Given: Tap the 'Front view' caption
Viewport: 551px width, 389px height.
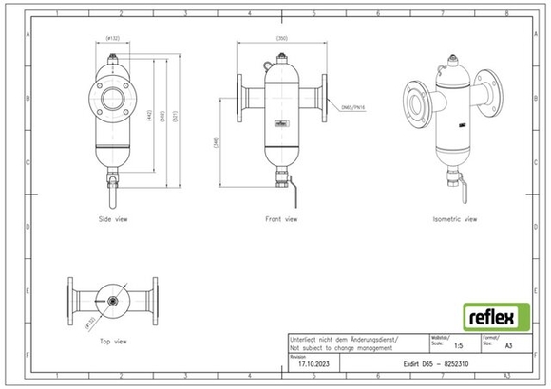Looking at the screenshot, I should click(281, 218).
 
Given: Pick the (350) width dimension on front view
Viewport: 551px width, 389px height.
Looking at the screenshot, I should click(282, 38).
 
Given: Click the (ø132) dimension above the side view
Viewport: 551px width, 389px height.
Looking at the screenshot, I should click(112, 39).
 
